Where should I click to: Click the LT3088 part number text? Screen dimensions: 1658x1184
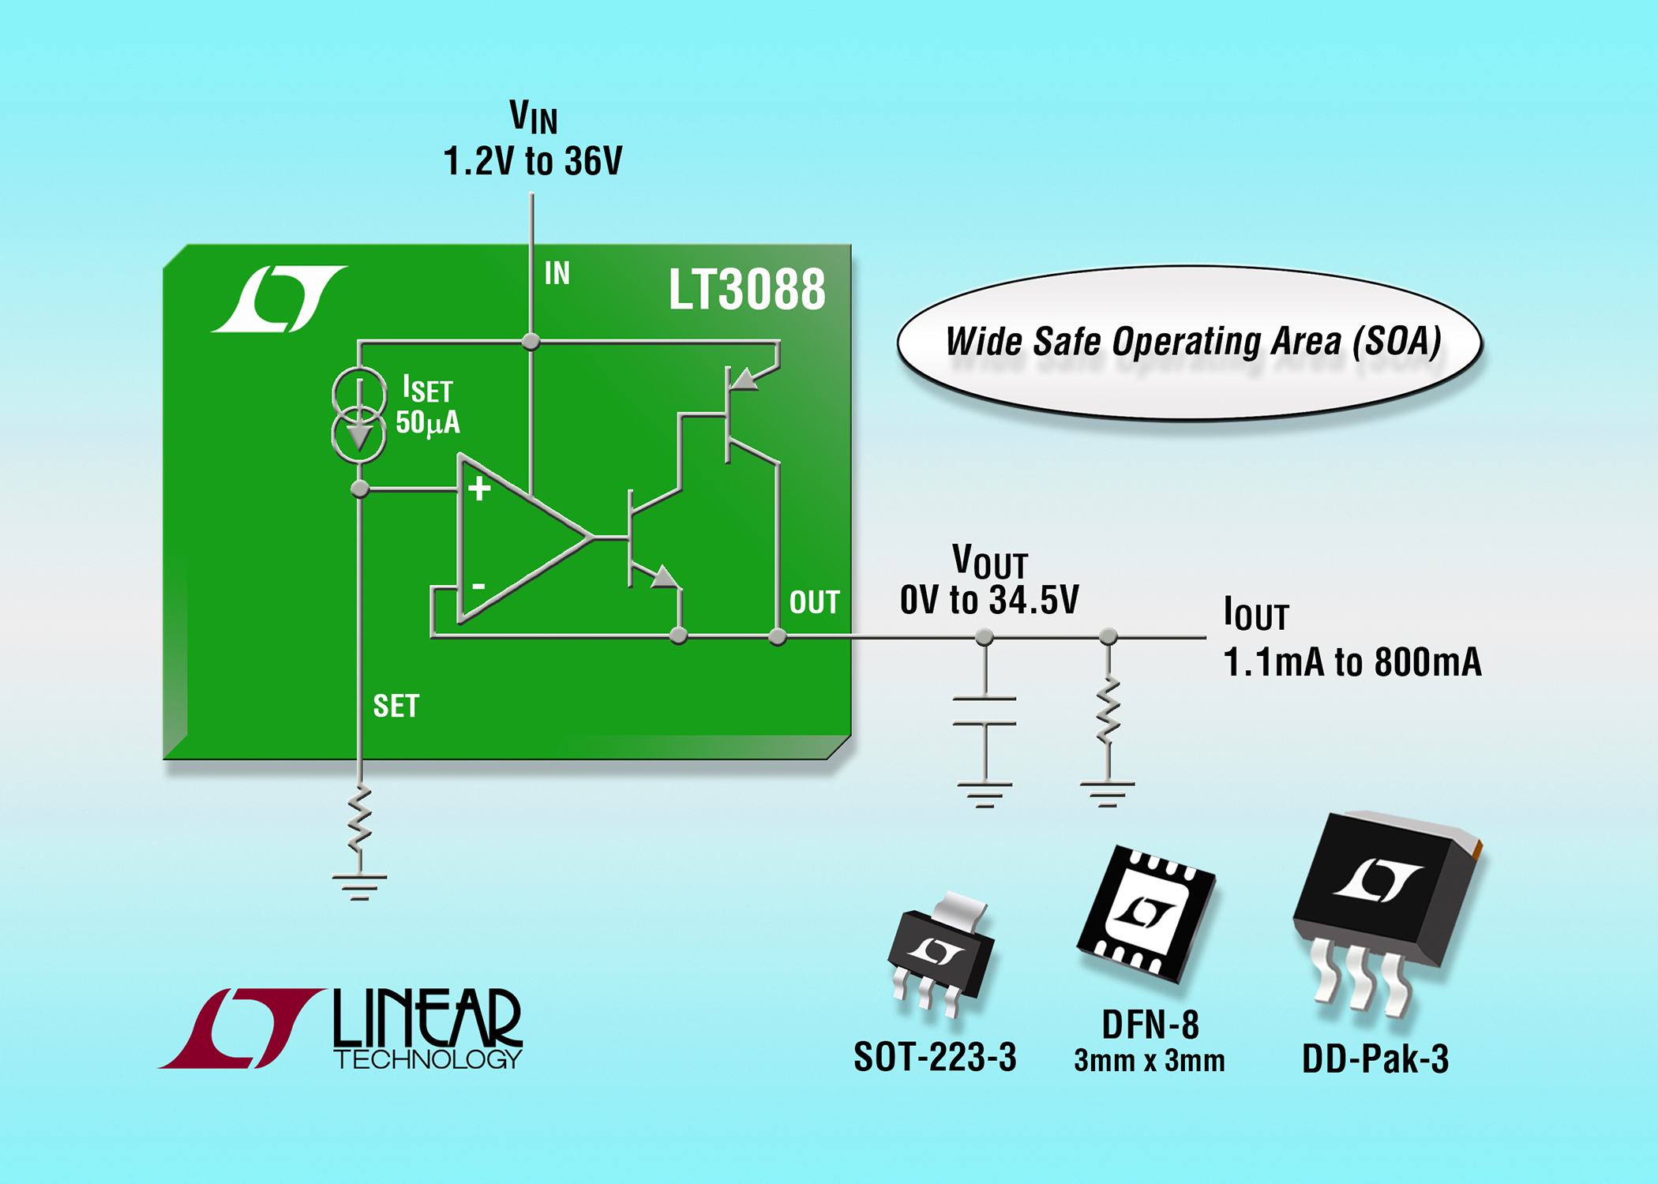(x=747, y=290)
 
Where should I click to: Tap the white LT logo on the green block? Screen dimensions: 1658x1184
(x=279, y=299)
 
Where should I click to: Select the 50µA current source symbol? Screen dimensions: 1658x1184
(x=359, y=414)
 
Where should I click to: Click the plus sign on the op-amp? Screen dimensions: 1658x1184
(x=479, y=489)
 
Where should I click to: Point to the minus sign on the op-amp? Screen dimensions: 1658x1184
(x=478, y=586)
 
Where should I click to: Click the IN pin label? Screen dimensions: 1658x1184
(x=557, y=273)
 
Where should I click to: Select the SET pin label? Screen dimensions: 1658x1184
(x=396, y=706)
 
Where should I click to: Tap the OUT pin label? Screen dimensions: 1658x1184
(x=815, y=602)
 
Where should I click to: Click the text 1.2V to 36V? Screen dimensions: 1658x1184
(x=533, y=161)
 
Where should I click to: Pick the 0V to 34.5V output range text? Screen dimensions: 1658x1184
(x=989, y=600)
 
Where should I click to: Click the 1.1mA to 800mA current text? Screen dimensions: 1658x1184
(x=1352, y=661)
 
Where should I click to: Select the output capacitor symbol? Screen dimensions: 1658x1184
(x=985, y=711)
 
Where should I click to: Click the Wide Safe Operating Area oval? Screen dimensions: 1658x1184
(x=1191, y=342)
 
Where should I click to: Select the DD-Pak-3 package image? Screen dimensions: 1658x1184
(x=1386, y=912)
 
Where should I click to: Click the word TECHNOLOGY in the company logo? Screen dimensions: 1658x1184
(x=428, y=1058)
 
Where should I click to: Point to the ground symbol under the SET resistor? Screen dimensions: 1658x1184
(x=359, y=887)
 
